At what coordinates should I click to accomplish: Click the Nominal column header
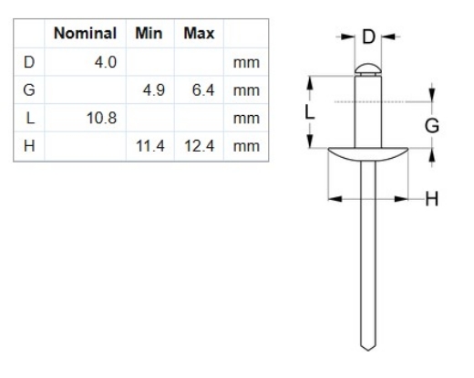coord(85,34)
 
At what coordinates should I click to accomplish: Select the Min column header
coord(149,34)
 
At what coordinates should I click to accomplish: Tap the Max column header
coord(198,34)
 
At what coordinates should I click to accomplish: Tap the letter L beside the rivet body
coord(310,112)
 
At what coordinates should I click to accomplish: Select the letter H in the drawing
coord(432,198)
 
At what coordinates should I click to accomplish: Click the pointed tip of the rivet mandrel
coord(366,347)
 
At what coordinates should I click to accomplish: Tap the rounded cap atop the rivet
coord(366,68)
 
